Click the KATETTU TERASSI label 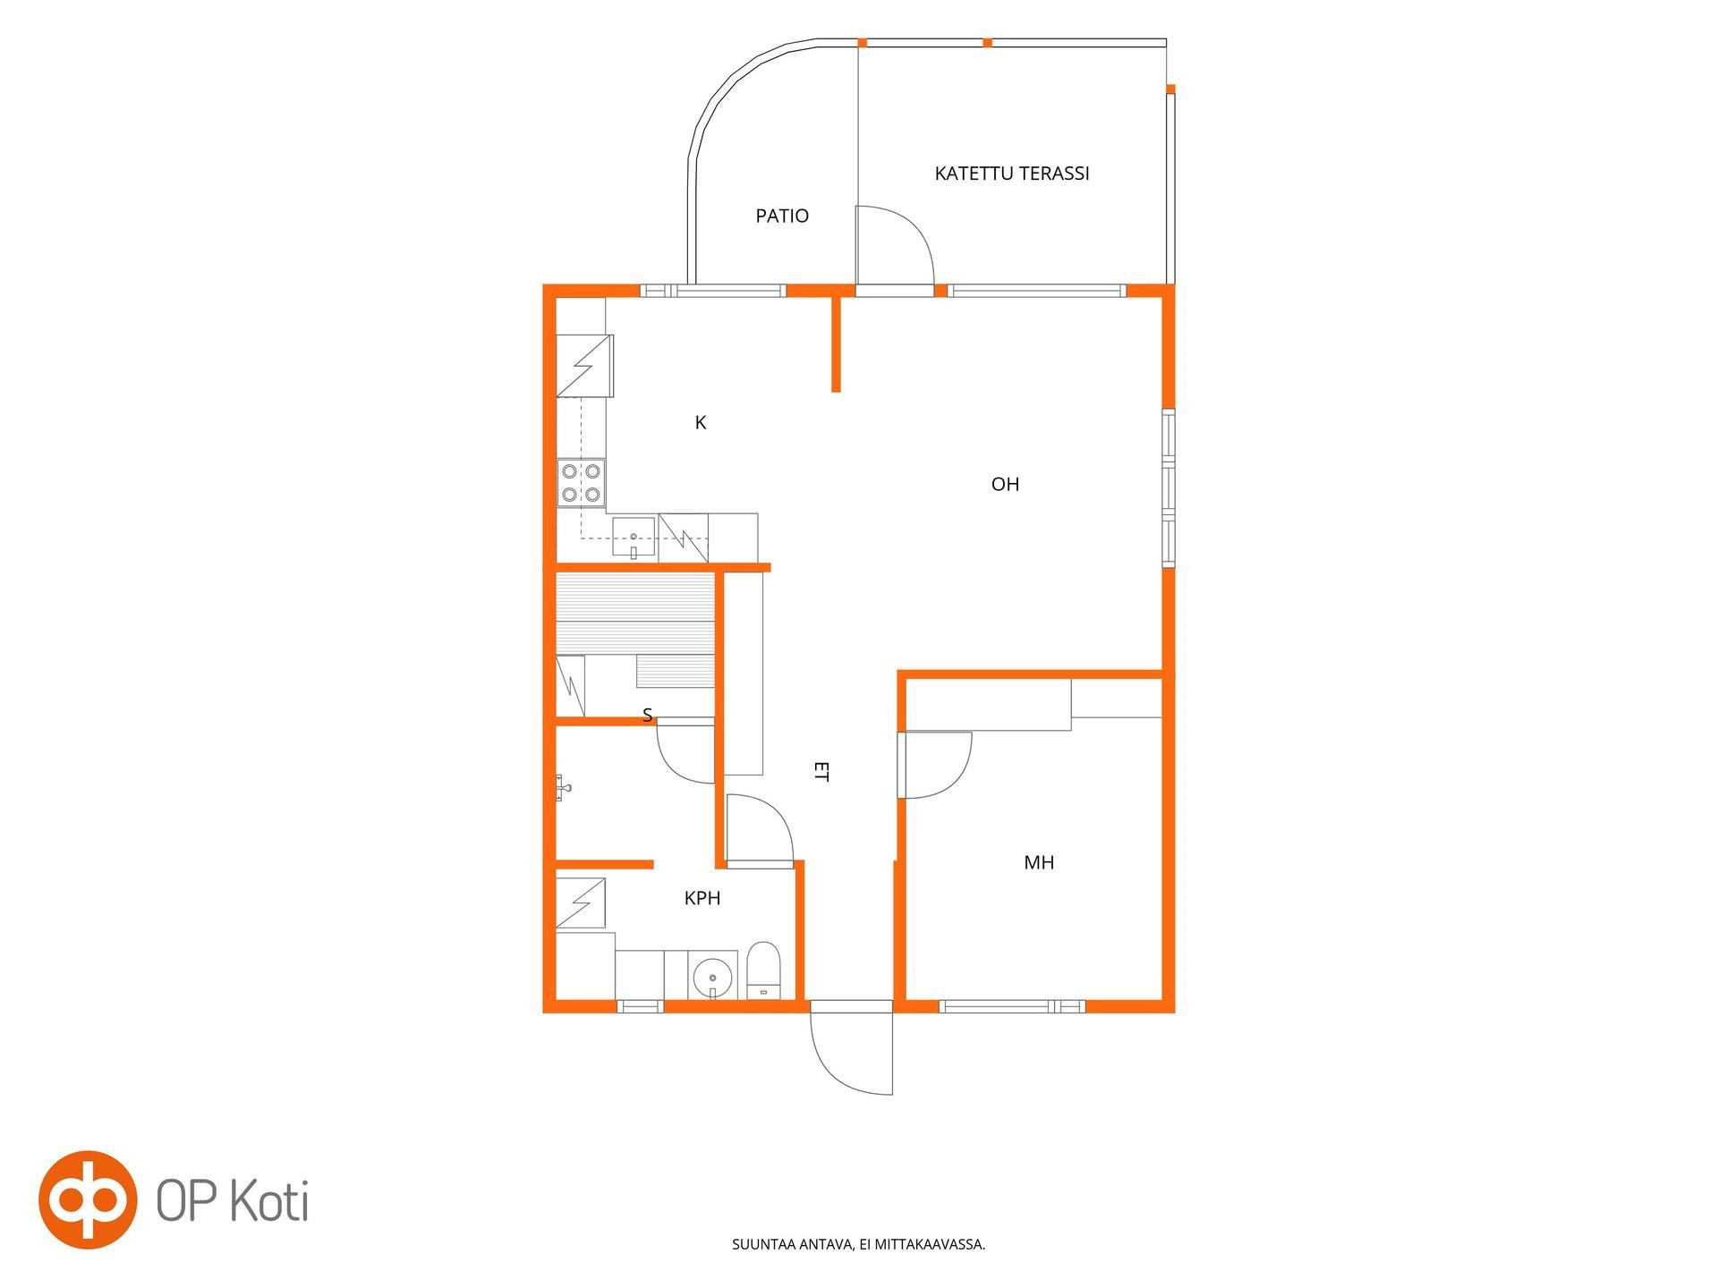point(1012,174)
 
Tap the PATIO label point(782,216)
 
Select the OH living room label point(1005,484)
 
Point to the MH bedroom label point(1039,862)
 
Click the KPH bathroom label point(702,898)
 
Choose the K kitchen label point(701,422)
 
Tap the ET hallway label point(821,771)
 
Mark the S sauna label point(648,715)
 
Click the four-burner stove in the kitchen point(581,483)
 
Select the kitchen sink point(634,538)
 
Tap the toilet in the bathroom point(764,970)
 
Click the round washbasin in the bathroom point(712,975)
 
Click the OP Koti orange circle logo point(88,1199)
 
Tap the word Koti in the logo point(269,1201)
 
